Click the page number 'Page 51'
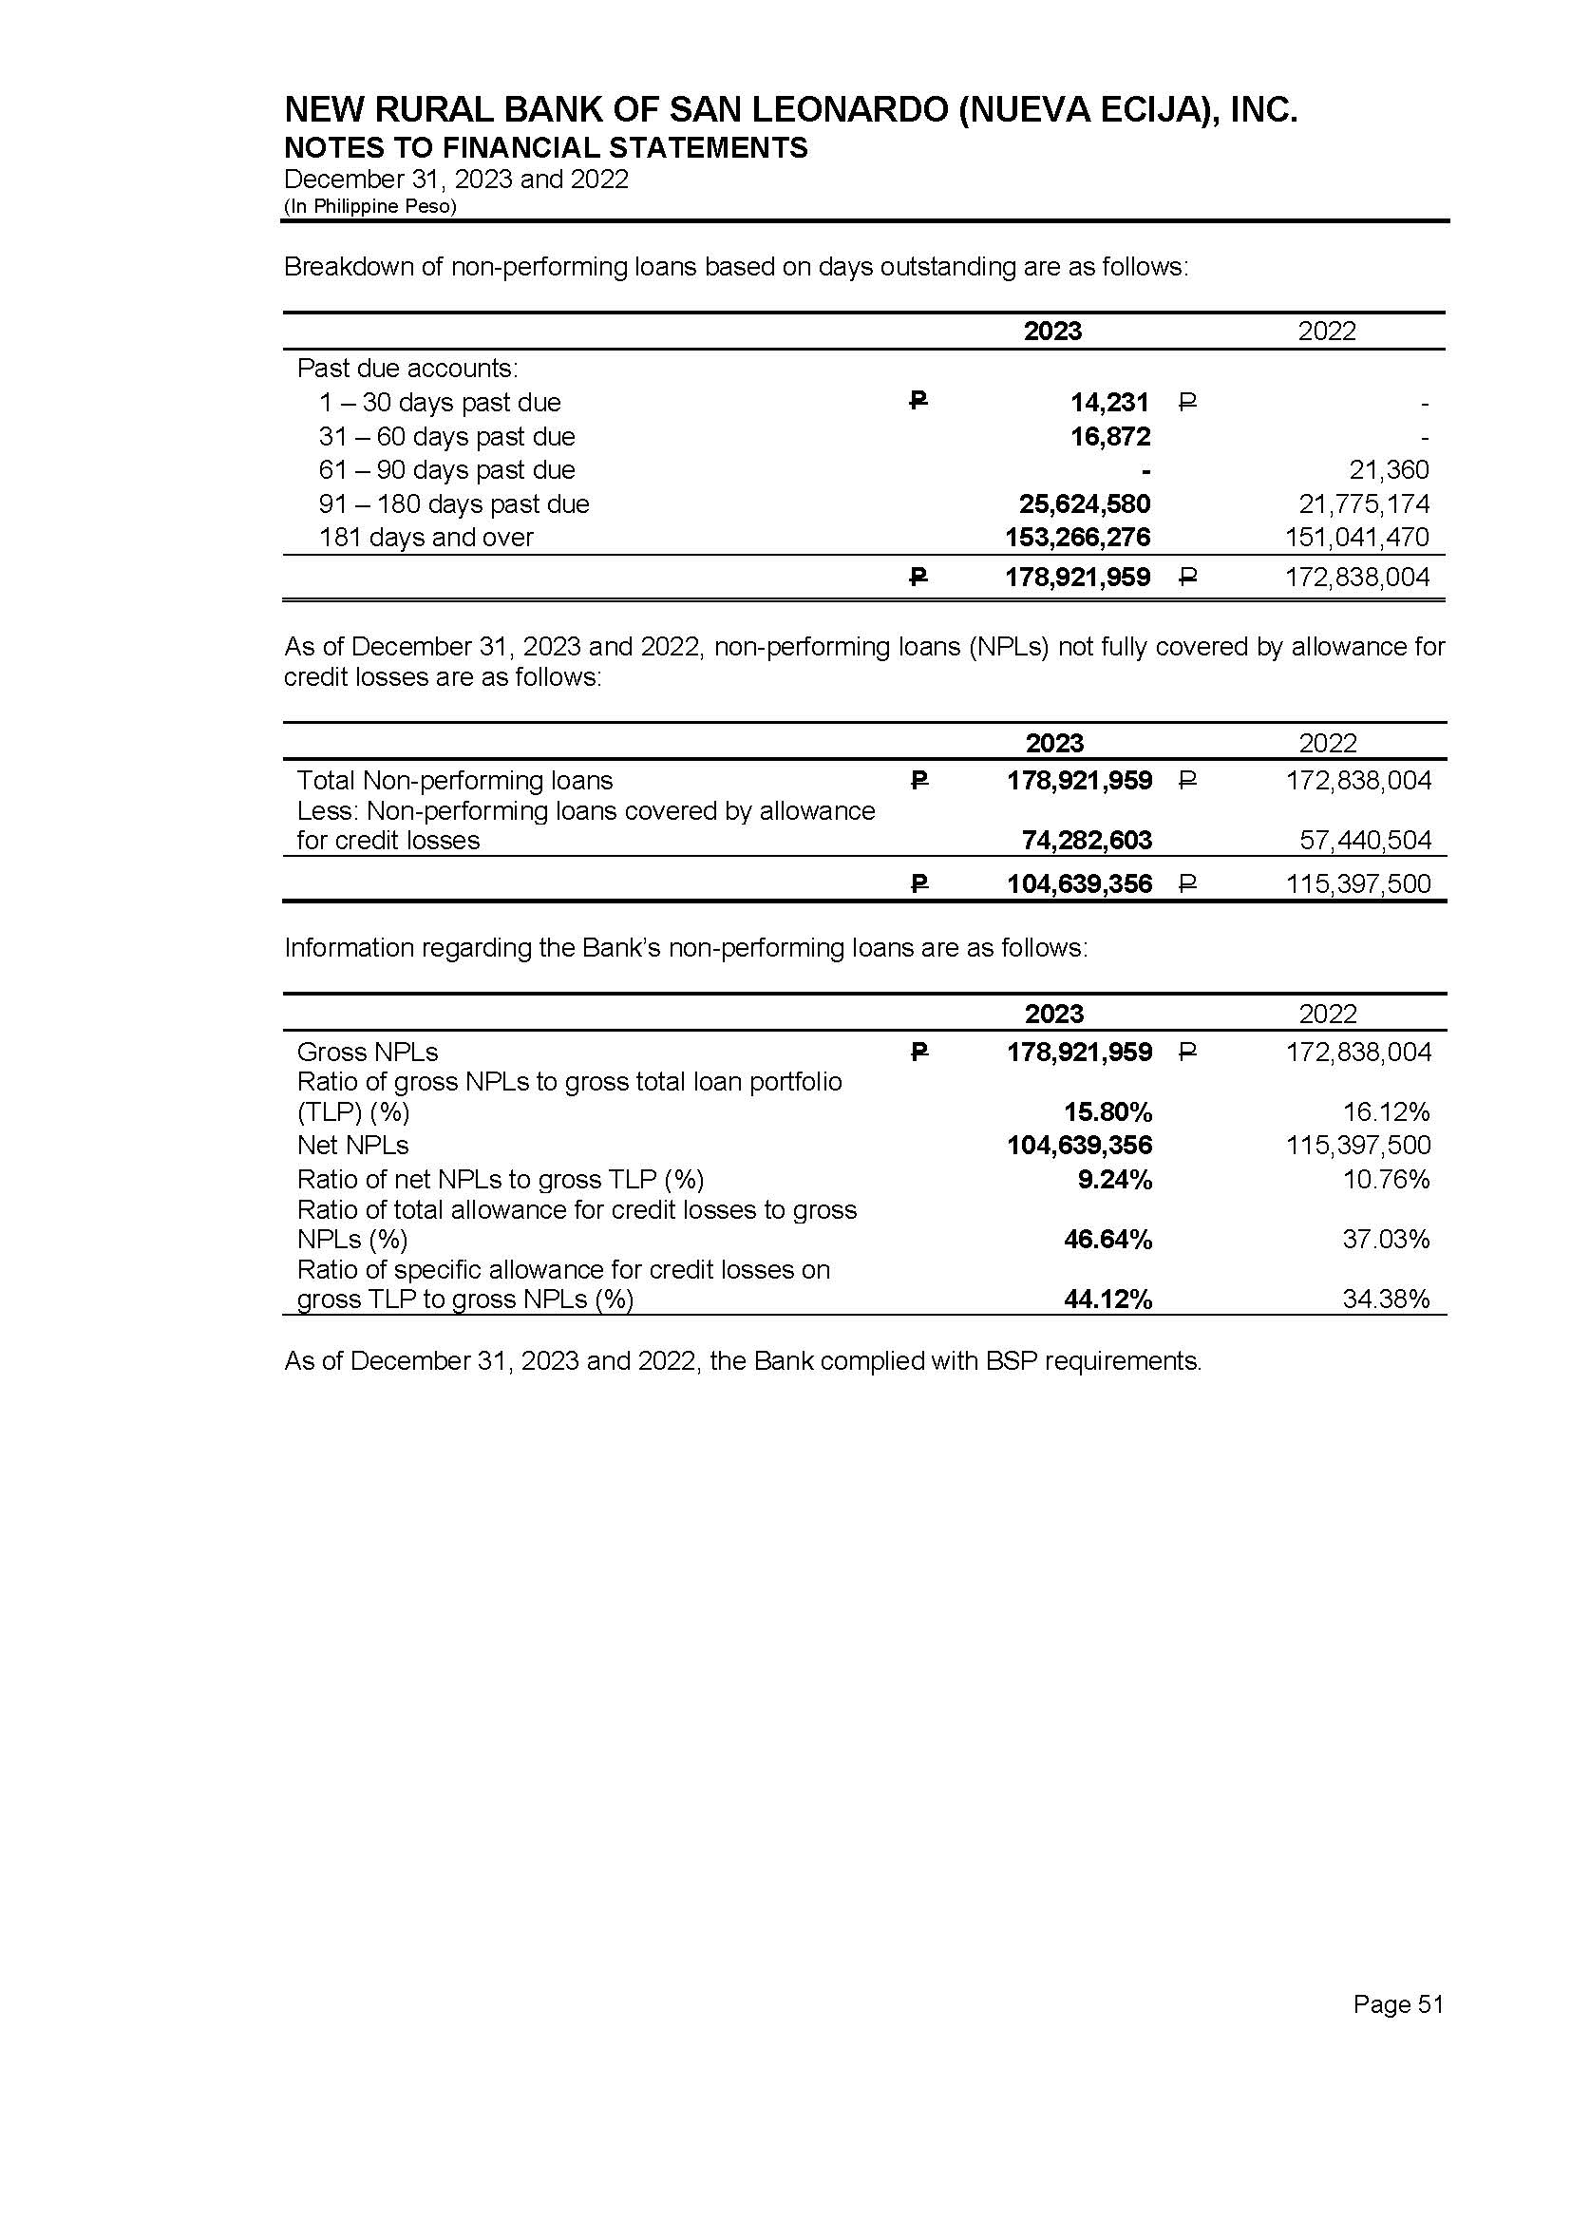1398,2004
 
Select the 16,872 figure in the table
1109,436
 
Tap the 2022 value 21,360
1389,470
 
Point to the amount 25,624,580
1085,504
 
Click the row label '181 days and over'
426,538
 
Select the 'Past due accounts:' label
407,369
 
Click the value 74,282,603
1087,840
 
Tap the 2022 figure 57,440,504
1365,840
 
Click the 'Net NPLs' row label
352,1146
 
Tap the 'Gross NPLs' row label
368,1053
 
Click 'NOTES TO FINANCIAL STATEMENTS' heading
545,148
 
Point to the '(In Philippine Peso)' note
369,206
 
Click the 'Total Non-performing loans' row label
455,781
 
